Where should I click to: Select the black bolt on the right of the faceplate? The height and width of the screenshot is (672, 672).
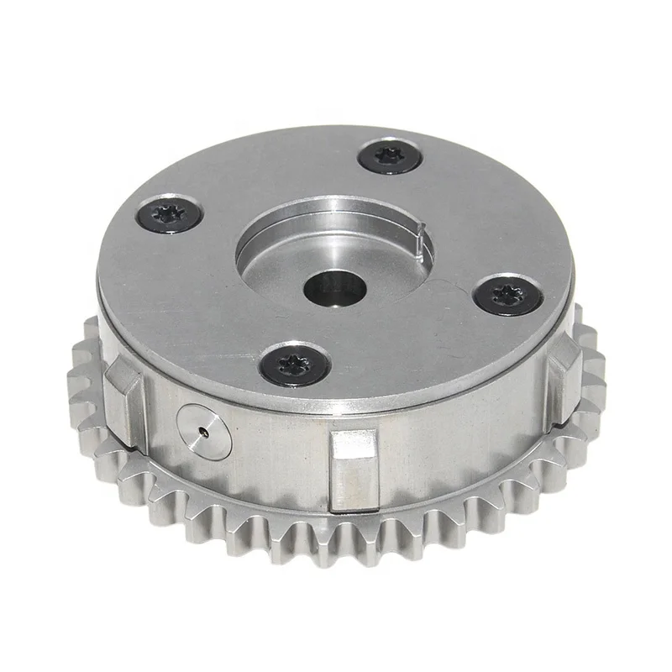click(x=507, y=295)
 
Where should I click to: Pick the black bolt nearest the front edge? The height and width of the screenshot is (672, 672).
click(x=293, y=365)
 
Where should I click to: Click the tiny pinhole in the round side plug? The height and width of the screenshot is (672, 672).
click(x=202, y=432)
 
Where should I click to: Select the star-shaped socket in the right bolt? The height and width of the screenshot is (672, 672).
click(x=508, y=294)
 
